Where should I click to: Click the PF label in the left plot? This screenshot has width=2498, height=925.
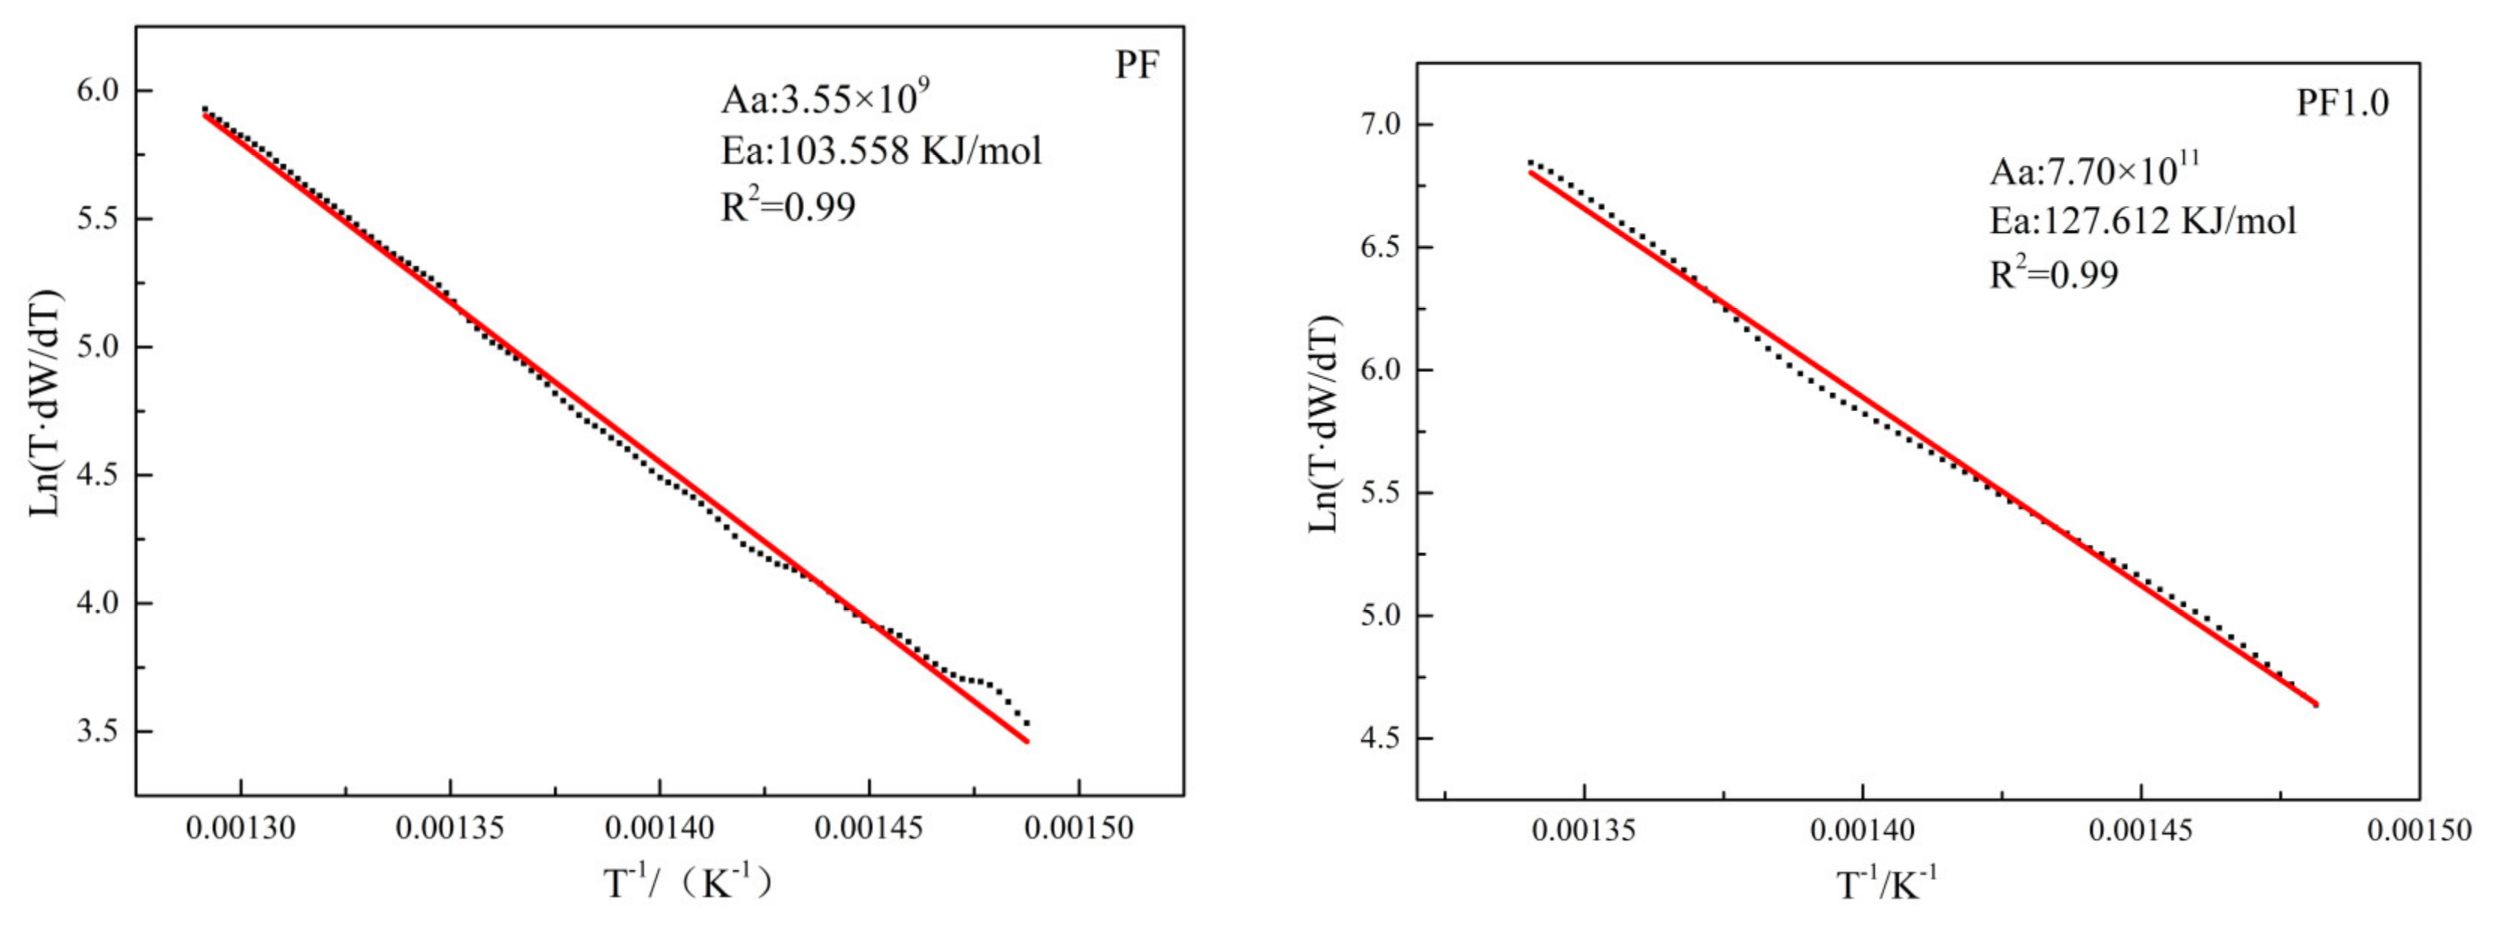point(1136,66)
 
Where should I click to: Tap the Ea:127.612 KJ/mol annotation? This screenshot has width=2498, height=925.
point(2143,221)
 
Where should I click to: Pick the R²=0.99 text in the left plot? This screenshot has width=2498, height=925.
point(788,207)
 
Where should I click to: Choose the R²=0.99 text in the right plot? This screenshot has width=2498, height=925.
point(2054,274)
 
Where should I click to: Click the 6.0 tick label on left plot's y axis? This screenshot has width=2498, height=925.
point(96,91)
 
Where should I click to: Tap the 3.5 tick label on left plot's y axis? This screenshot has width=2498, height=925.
point(96,732)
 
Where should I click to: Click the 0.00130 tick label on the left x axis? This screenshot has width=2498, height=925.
point(240,829)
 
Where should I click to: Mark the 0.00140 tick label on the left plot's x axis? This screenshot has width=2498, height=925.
point(659,829)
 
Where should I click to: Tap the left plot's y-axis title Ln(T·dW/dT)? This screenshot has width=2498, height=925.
point(46,404)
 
